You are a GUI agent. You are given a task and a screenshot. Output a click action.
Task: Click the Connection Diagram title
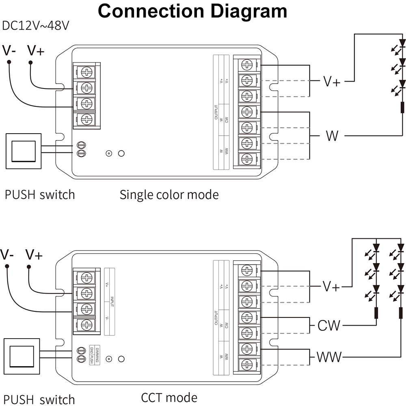[x=192, y=11]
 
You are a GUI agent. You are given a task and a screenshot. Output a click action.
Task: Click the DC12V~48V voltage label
[x=36, y=26]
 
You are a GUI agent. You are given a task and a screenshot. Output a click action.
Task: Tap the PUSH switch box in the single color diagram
[x=23, y=151]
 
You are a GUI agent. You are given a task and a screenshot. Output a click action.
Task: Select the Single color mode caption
[x=169, y=195]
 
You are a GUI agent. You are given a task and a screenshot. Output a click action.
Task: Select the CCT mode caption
[x=169, y=397]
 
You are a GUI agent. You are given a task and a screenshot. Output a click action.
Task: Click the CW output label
[x=329, y=325]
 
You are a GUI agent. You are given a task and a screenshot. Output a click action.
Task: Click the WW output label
[x=329, y=357]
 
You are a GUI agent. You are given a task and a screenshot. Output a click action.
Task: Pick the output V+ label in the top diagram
[x=332, y=82]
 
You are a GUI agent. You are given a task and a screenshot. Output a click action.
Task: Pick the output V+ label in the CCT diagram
[x=331, y=287]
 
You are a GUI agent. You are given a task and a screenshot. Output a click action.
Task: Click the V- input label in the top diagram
[x=9, y=51]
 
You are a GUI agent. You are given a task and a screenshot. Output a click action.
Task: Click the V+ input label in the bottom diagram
[x=34, y=255]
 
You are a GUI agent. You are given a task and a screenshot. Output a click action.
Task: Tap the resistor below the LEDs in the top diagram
[x=402, y=108]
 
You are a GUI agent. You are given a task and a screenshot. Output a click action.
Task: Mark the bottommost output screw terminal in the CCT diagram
[x=246, y=364]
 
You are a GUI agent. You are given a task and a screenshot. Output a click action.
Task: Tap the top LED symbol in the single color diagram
[x=402, y=42]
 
